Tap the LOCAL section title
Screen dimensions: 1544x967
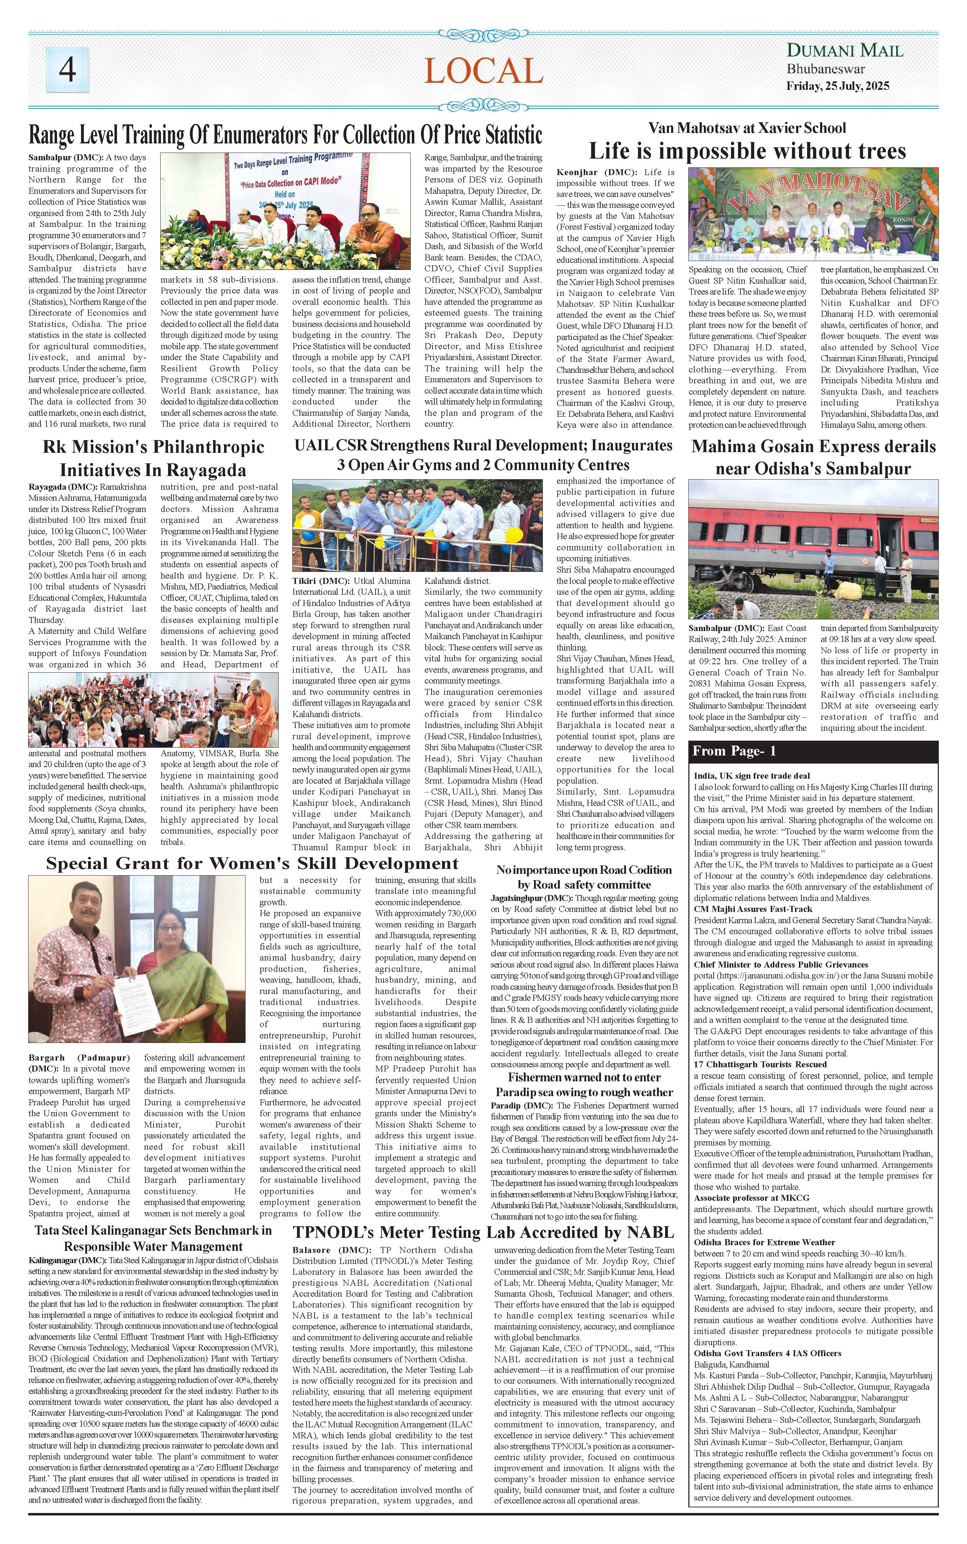click(483, 71)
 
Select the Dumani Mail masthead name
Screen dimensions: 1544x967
click(844, 50)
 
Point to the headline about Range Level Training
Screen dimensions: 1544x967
click(285, 135)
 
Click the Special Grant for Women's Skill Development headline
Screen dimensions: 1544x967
click(252, 864)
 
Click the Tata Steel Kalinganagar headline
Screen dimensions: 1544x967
click(154, 1238)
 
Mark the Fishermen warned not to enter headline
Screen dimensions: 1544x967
click(584, 1085)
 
